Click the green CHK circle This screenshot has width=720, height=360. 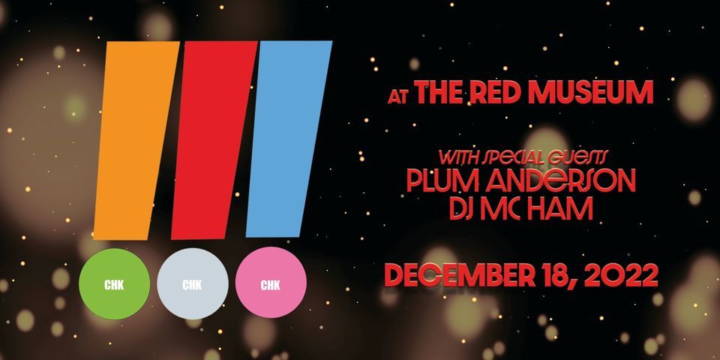[115, 284]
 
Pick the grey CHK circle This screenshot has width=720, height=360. [193, 284]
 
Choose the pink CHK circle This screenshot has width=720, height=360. [271, 284]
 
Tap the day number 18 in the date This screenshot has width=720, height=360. [559, 275]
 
